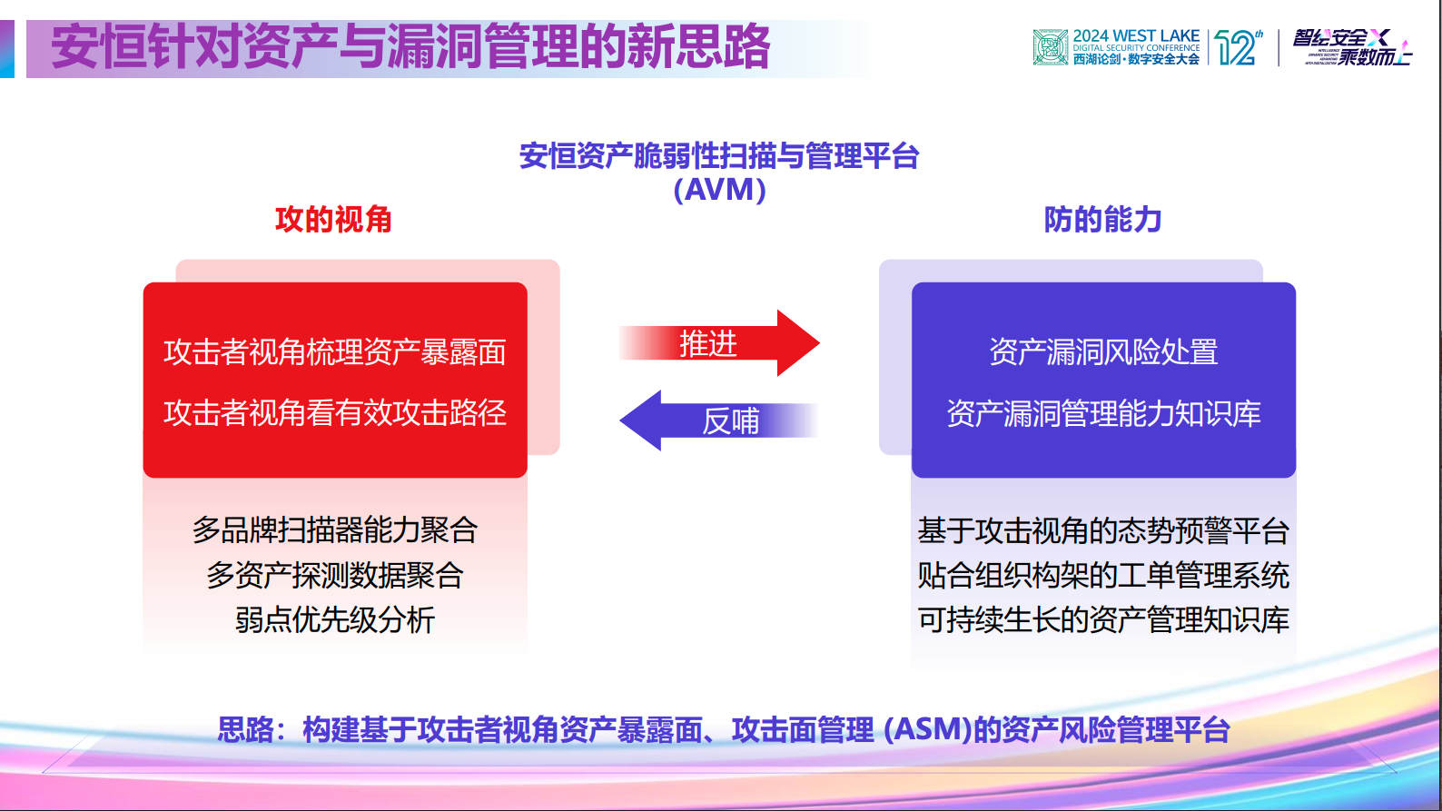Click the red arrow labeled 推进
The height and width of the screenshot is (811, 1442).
[x=717, y=343]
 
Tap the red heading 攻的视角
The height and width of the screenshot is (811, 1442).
[x=333, y=220]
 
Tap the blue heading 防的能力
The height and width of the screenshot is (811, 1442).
[x=1102, y=220]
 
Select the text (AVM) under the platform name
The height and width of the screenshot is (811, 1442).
[x=719, y=190]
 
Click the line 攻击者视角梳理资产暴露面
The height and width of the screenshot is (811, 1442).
[x=334, y=352]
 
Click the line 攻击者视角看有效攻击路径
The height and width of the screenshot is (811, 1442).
[x=334, y=413]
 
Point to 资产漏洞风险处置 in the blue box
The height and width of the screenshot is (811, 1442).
[x=1103, y=352]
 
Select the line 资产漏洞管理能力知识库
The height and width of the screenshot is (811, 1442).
[x=1103, y=414]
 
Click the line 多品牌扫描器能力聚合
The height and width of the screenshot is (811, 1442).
[x=334, y=529]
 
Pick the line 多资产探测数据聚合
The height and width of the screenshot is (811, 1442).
[x=334, y=575]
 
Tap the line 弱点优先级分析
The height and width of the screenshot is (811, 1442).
[x=334, y=620]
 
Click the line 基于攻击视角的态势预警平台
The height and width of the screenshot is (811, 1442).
[x=1103, y=530]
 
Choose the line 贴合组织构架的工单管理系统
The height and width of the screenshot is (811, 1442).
[x=1103, y=575]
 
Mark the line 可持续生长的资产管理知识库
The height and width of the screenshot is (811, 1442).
[x=1103, y=620]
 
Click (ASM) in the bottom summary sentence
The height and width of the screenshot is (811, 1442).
[x=927, y=729]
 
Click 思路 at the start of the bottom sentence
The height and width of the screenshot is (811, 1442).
[x=245, y=729]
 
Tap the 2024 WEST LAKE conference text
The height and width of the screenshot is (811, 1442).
[x=1136, y=36]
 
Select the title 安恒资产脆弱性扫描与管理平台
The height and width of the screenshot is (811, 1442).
[x=719, y=156]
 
